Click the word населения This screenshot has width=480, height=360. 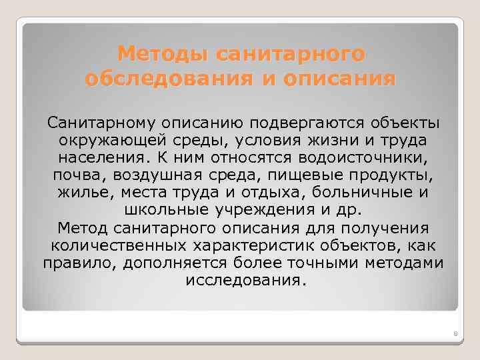pos(103,159)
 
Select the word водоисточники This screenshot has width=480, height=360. pos(361,159)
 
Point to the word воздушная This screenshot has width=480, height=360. pos(150,176)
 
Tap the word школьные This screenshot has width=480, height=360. pos(166,211)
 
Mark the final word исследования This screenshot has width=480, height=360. pos(243,280)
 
